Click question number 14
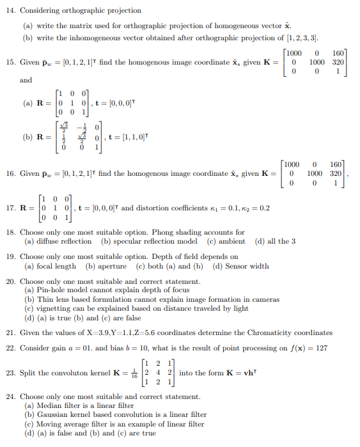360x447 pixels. (x=10, y=11)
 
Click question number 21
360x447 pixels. (x=10, y=333)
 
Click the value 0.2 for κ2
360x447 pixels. (x=264, y=208)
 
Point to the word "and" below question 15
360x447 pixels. (x=26, y=80)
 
